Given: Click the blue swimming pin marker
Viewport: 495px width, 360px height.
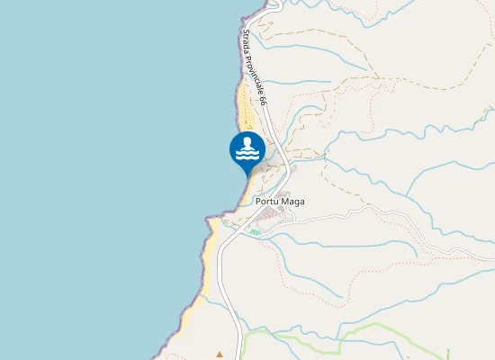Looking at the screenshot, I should click(x=247, y=150).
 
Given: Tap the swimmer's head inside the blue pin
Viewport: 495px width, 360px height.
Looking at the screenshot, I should click(x=247, y=141).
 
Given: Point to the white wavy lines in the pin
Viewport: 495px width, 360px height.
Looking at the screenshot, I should click(x=247, y=155).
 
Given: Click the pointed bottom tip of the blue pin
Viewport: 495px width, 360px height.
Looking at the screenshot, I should click(x=247, y=176).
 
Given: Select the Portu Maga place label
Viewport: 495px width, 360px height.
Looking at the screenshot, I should click(x=280, y=202).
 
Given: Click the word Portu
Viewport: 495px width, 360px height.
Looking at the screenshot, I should click(x=267, y=202).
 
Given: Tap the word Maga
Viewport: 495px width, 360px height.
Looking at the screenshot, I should click(x=293, y=202).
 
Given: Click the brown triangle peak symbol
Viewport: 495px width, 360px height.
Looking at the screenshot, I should click(x=220, y=354).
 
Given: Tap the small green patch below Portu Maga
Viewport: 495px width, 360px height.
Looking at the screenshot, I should click(x=255, y=232).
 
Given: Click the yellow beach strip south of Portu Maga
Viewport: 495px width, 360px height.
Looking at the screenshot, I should click(x=209, y=261).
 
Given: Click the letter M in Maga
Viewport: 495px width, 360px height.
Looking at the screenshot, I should click(x=286, y=202).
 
